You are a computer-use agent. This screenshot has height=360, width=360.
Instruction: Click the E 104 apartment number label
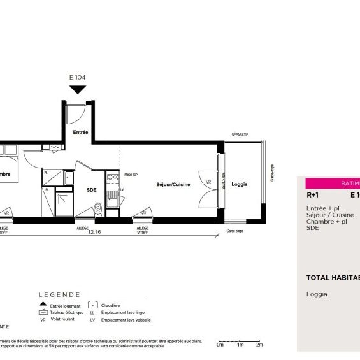[x=77, y=78]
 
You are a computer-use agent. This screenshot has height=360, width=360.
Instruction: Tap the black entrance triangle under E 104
[x=77, y=89]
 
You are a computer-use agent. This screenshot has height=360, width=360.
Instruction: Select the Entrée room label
[x=80, y=133]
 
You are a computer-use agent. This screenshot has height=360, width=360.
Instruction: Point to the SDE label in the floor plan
[x=92, y=189]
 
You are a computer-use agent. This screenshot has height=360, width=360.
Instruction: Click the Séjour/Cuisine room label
[x=173, y=185]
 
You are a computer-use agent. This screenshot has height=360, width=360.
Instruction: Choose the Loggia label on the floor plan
[x=240, y=185]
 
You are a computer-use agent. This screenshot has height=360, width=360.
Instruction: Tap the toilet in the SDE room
[x=97, y=207]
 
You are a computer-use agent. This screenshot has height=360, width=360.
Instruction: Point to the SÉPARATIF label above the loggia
[x=240, y=136]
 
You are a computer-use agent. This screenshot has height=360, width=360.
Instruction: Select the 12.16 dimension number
[x=96, y=232]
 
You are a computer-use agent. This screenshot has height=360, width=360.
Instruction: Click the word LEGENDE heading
[x=59, y=295]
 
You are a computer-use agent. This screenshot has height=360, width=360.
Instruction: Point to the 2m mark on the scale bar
[x=259, y=345]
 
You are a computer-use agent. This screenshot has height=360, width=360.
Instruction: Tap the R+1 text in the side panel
[x=313, y=196]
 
